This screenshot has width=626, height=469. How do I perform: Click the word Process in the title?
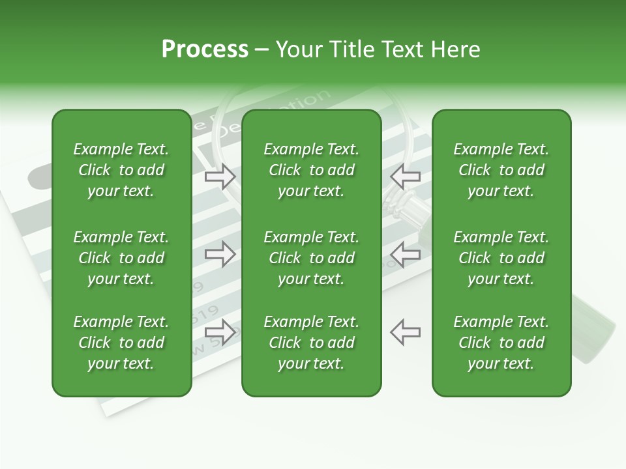[x=205, y=50]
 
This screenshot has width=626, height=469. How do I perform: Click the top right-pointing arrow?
[x=220, y=176]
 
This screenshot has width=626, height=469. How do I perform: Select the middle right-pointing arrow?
[x=220, y=254]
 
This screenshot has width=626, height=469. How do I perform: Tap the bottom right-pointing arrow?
[x=220, y=332]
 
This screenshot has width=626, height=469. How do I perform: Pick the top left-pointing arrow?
[x=406, y=176]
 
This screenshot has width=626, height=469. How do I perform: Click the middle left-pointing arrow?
[x=406, y=254]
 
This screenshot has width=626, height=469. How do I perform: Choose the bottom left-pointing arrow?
[x=406, y=332]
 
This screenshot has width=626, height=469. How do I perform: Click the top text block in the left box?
[x=121, y=170]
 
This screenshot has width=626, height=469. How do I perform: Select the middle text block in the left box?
[x=121, y=258]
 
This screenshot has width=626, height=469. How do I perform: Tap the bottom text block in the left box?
[x=121, y=343]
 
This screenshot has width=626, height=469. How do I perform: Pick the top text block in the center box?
[x=311, y=170]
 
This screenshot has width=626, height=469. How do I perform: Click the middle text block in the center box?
[x=311, y=258]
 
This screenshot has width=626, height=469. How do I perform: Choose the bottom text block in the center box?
[x=311, y=343]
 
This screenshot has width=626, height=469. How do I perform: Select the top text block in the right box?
[x=501, y=170]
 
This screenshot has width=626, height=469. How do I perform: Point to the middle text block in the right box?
[x=501, y=258]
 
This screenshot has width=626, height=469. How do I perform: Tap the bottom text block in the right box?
[x=501, y=343]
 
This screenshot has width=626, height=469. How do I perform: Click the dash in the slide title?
[x=262, y=50]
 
